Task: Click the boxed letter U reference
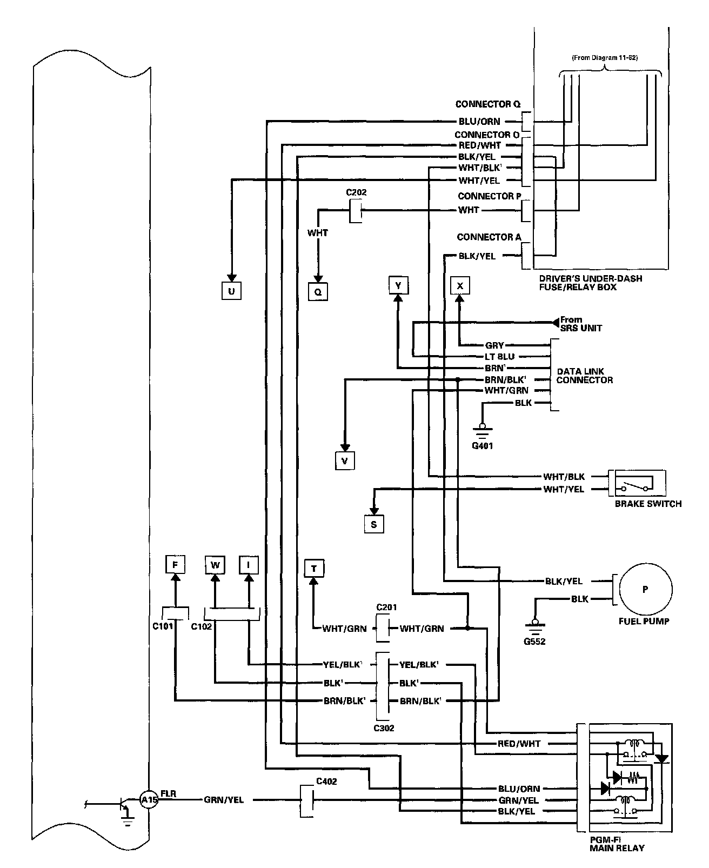click(x=231, y=291)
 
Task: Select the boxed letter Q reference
click(x=318, y=292)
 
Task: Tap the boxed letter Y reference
click(x=398, y=285)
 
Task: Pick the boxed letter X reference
click(x=460, y=285)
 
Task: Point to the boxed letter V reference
click(x=344, y=460)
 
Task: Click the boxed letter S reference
click(x=374, y=524)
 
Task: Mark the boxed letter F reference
click(x=175, y=565)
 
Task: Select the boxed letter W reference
click(x=215, y=565)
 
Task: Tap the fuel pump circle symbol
click(x=645, y=590)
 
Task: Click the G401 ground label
click(x=483, y=446)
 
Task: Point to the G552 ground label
click(x=534, y=642)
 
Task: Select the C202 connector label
click(x=356, y=192)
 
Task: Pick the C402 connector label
click(x=326, y=781)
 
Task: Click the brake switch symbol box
click(x=637, y=483)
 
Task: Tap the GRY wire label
click(x=494, y=345)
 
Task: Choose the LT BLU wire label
click(x=499, y=357)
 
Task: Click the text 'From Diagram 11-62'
click(x=604, y=58)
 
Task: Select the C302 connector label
click(x=384, y=728)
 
